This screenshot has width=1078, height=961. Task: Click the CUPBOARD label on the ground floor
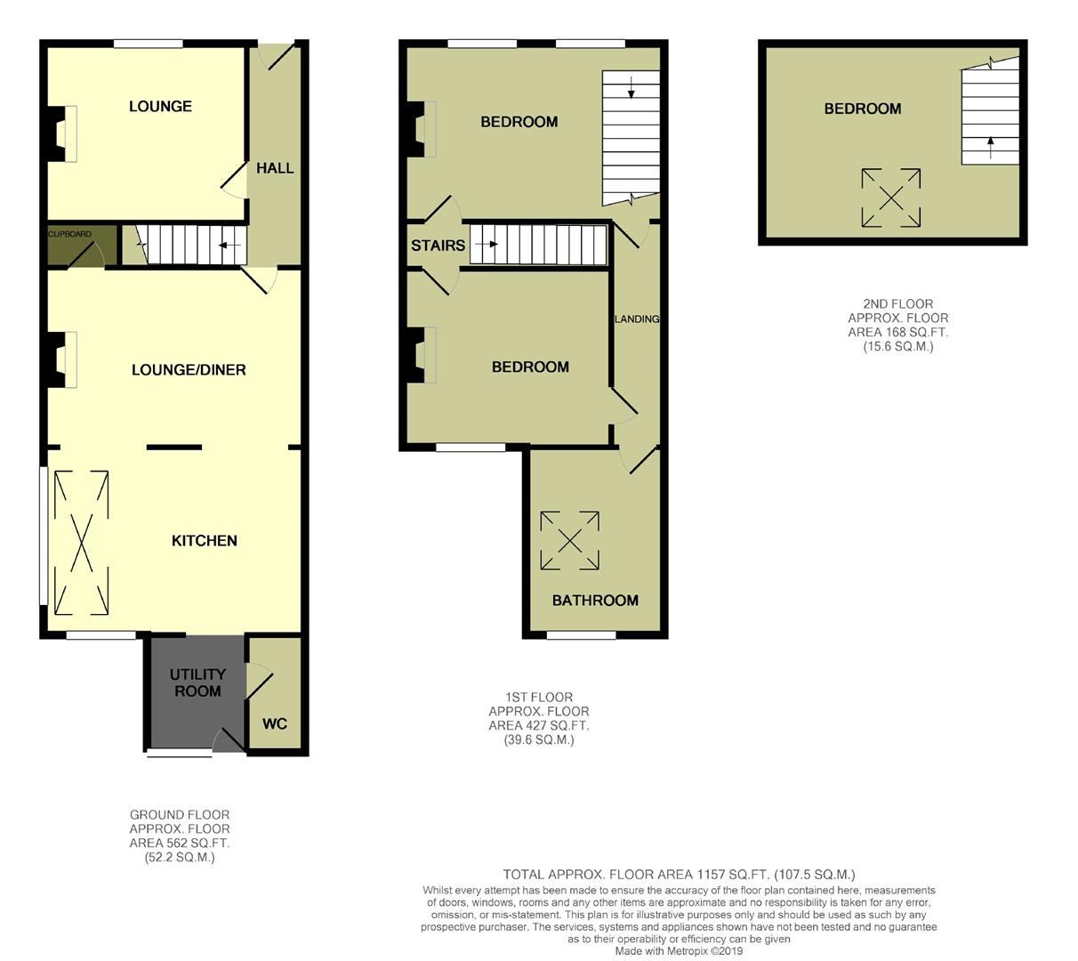(69, 234)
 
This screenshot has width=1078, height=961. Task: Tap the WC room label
(275, 723)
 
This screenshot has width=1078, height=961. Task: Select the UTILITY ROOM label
(197, 682)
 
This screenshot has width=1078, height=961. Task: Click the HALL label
(275, 168)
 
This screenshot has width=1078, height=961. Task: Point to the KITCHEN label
(204, 540)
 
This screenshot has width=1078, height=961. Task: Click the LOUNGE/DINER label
(189, 369)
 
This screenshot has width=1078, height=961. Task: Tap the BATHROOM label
(595, 600)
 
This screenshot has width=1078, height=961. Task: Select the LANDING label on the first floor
(636, 319)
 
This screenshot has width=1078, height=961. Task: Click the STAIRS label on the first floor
(438, 245)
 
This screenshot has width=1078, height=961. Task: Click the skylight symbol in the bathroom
(569, 540)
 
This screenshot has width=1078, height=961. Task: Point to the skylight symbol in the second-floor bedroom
(890, 198)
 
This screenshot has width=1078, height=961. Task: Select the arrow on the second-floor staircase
(990, 147)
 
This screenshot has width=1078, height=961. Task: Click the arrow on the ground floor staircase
(229, 245)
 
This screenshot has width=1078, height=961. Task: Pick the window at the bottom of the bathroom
(581, 635)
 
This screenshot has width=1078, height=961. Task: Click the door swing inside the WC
(260, 682)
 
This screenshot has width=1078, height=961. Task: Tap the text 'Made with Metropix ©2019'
(678, 951)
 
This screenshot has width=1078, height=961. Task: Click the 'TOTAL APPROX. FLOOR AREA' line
(678, 875)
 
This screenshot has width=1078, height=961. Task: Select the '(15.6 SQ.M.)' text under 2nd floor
(897, 346)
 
